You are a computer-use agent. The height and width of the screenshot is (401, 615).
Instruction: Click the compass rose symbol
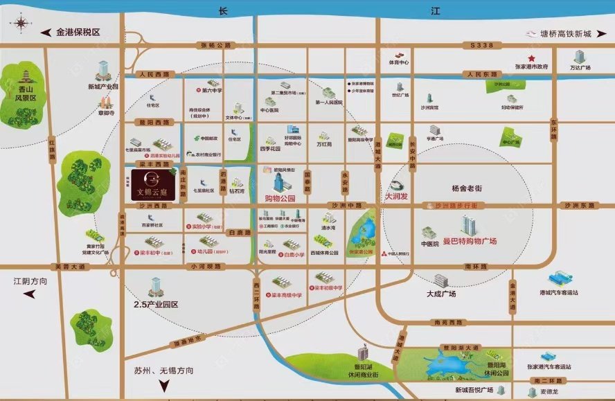click(21, 24)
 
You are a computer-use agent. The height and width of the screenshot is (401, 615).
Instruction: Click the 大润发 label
click(397, 197)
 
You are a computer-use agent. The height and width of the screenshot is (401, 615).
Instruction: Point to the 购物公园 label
click(280, 198)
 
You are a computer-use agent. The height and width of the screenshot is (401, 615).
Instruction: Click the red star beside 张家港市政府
click(532, 58)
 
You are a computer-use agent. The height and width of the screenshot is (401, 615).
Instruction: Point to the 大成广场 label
click(441, 294)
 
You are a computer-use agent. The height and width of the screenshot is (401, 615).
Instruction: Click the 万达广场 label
click(580, 68)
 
